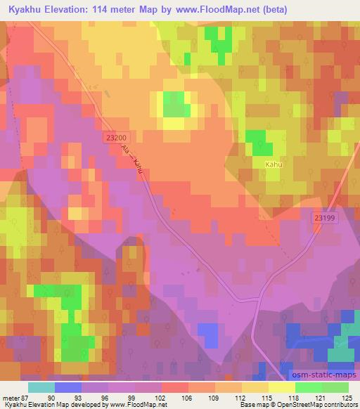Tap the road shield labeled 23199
click(325, 219)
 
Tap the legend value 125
click(347, 397)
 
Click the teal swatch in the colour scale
click(41, 387)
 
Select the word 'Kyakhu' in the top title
click(23, 9)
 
